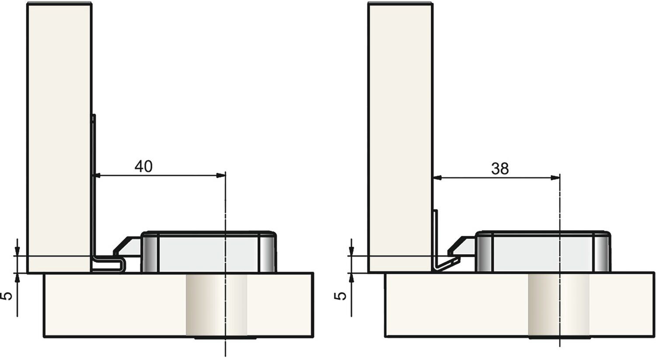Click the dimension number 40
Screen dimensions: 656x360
(x=143, y=166)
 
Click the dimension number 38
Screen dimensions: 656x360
(x=500, y=169)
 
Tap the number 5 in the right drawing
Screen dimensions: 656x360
(x=340, y=296)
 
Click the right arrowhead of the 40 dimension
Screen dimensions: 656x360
(x=221, y=175)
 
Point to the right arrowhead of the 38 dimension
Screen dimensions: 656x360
(x=555, y=178)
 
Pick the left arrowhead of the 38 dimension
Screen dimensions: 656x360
(x=438, y=178)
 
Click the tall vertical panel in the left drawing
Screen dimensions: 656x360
(x=59, y=138)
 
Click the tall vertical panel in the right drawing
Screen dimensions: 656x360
(x=400, y=138)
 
